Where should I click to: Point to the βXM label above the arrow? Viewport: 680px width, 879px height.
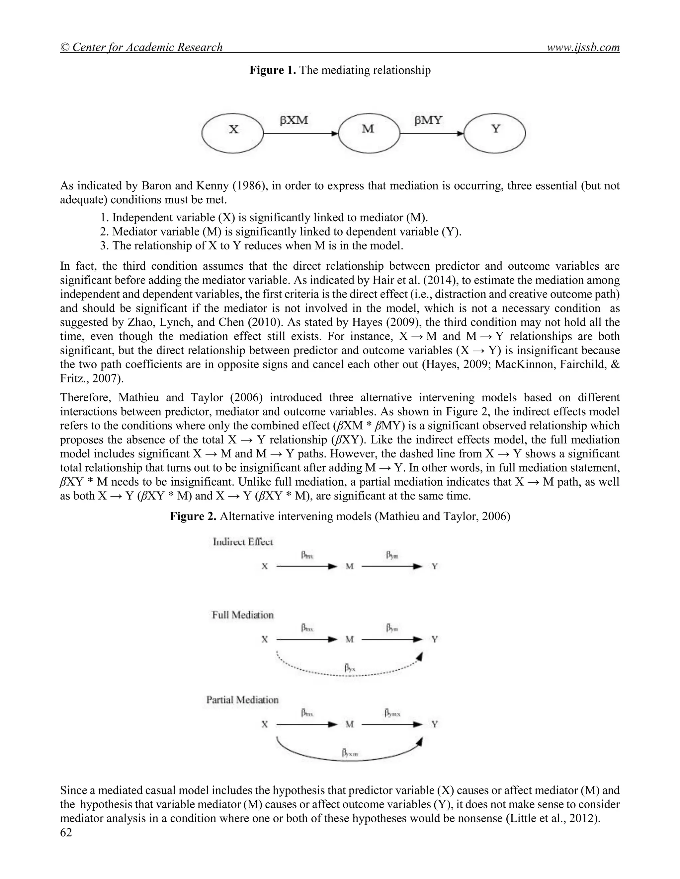294,120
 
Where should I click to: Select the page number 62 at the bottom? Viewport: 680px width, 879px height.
66,833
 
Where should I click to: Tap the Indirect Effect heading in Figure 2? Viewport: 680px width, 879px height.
243,542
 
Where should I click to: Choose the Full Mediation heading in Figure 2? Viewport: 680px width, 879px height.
243,615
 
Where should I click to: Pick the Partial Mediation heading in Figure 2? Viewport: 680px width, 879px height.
242,700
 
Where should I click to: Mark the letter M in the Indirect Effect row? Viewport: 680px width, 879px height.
349,567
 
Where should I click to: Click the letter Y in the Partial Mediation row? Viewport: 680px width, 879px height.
435,724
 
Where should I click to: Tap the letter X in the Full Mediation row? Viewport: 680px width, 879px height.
265,639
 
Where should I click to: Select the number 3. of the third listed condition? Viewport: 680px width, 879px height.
104,245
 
